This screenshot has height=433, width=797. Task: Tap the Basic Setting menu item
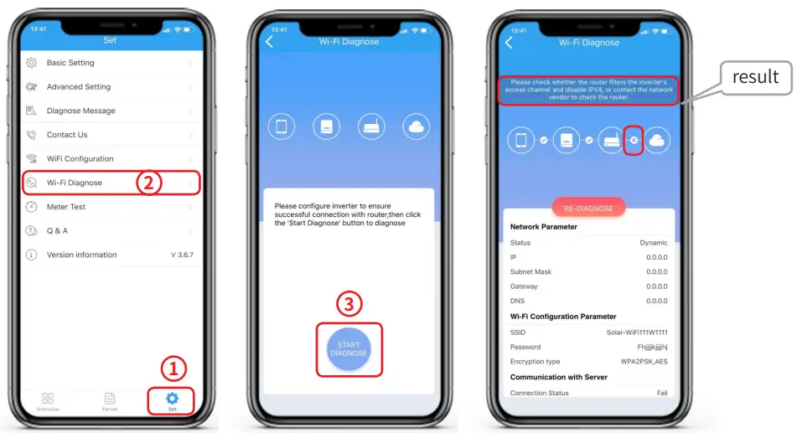coord(70,63)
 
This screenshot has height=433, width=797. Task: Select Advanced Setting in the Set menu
coord(78,86)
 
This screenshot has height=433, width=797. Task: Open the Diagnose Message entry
coord(80,111)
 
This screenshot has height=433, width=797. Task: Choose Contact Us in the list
coord(67,135)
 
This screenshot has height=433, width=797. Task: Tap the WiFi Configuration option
coord(80,158)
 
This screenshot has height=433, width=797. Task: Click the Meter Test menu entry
coord(66,207)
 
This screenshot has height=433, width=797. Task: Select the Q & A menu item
coord(58,230)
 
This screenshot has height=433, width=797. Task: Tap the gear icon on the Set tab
coord(173,399)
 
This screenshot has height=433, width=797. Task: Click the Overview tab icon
coord(48,399)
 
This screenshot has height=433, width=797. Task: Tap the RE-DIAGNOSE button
coord(588,208)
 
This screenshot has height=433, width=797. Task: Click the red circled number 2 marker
coord(148,183)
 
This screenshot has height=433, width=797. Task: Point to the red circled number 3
coord(349,305)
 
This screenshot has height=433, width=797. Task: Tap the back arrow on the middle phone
coord(269,42)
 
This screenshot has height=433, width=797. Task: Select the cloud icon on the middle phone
coord(416,127)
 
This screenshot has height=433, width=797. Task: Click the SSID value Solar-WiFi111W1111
coord(637,332)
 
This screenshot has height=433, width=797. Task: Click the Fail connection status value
coord(661,393)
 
